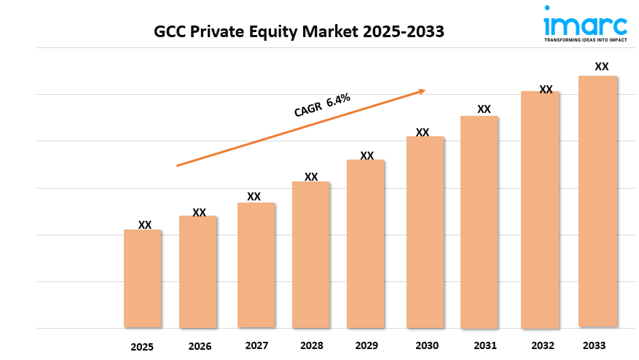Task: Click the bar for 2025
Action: click(142, 278)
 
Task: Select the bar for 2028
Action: click(311, 254)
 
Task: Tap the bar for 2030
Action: click(425, 232)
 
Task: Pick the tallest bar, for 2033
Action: click(598, 201)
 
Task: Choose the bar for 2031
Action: click(479, 222)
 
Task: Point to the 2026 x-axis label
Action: click(199, 346)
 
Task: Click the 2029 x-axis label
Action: click(366, 345)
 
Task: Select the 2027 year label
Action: click(256, 345)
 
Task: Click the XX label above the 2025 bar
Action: click(145, 225)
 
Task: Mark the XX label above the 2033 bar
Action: click(601, 66)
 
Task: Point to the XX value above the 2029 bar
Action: click(366, 156)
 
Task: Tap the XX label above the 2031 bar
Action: click(484, 109)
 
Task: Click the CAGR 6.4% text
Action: click(322, 105)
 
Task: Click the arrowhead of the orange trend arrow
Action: click(421, 91)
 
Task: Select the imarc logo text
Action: click(584, 24)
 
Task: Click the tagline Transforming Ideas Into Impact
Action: click(585, 41)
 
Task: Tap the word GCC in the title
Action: click(169, 31)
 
